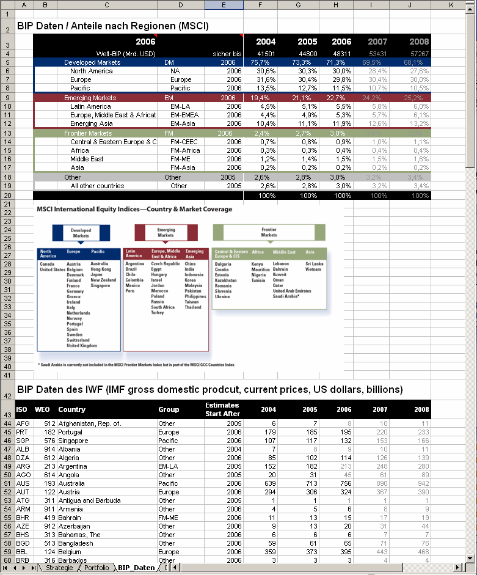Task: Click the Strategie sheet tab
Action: tap(60, 568)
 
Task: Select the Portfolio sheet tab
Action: tap(96, 568)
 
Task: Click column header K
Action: tap(450, 5)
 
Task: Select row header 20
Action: tap(8, 196)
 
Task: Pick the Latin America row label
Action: tap(91, 106)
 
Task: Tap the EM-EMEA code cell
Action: tap(185, 115)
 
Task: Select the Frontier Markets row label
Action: tap(88, 133)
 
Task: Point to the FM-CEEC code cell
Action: tap(185, 142)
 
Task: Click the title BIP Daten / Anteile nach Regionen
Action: tap(112, 26)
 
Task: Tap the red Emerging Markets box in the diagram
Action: tap(166, 233)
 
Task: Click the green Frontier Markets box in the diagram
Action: tap(269, 232)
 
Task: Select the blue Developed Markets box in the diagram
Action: tap(81, 233)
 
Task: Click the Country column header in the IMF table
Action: tap(72, 409)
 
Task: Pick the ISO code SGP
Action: tap(23, 441)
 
